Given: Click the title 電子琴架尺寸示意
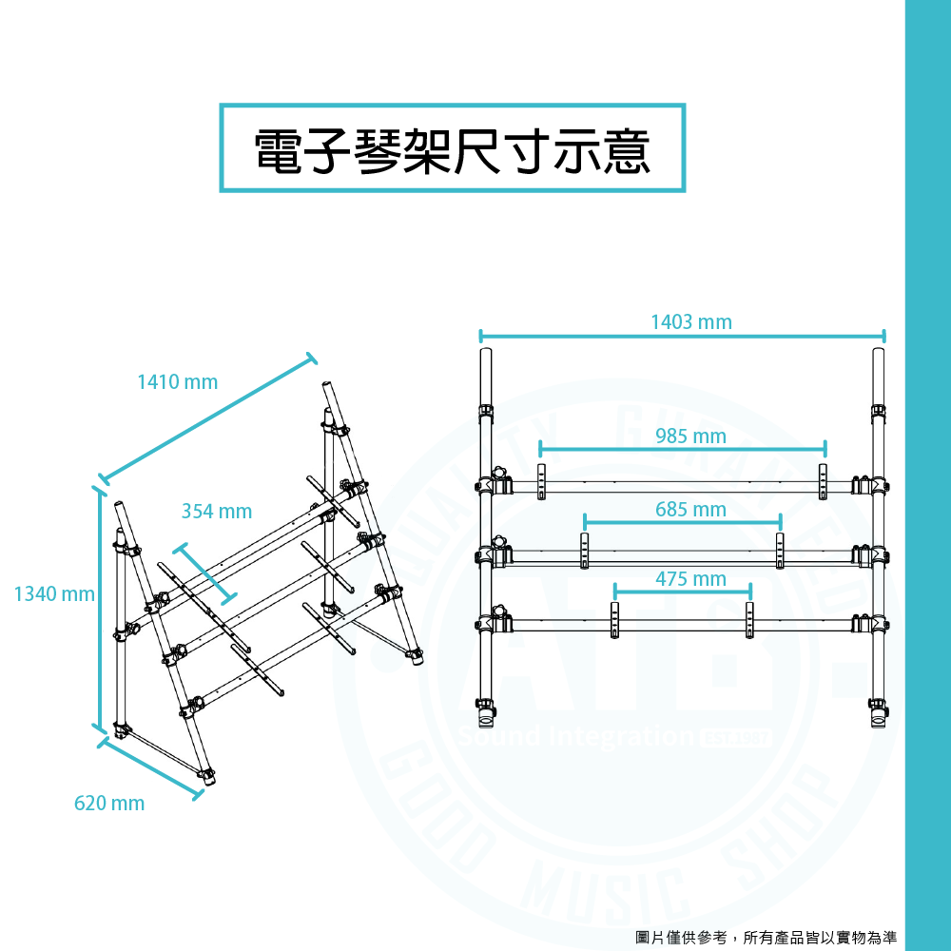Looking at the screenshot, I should click(453, 148).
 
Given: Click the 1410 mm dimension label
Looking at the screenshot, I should click(178, 382).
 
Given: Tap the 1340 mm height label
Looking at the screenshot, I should click(54, 595).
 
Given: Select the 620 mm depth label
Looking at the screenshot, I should click(109, 804).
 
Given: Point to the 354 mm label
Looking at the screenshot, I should click(217, 512).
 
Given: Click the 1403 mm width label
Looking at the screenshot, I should click(691, 322).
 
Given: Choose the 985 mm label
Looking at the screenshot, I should click(690, 437).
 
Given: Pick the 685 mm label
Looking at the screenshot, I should click(690, 510).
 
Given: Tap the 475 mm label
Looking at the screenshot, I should click(690, 579).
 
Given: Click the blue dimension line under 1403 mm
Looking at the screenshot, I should click(682, 336).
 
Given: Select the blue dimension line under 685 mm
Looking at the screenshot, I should click(682, 521).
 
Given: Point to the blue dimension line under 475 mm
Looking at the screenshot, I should click(682, 590).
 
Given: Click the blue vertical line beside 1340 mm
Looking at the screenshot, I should click(100, 609).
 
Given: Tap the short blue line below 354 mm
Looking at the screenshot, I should click(204, 573).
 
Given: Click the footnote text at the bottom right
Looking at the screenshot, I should click(766, 938).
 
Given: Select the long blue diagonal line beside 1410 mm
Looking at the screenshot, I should click(207, 419).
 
